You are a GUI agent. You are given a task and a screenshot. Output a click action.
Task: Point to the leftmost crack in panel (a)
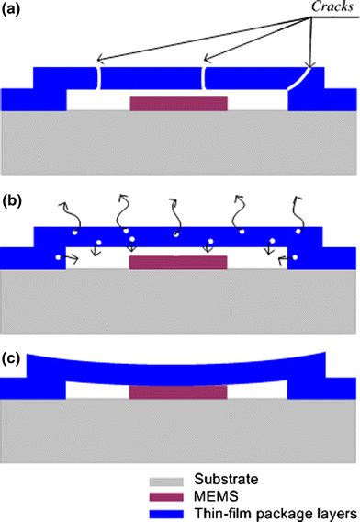[x=96, y=75]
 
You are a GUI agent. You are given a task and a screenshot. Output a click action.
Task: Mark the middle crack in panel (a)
[x=206, y=75]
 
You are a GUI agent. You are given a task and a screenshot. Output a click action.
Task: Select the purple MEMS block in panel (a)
[x=178, y=102]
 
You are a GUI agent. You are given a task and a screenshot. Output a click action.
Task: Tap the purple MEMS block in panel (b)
[x=178, y=263]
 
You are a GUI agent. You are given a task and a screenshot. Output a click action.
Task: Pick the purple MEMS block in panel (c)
[x=178, y=392]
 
